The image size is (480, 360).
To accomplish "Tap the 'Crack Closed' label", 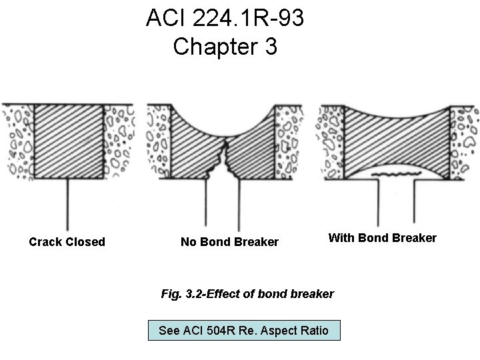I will pos(67,242).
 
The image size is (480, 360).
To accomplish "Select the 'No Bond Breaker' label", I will pos(229,242).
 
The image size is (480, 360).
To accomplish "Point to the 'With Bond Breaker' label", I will pos(382,238).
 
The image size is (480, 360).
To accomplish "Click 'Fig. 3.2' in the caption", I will pos(181,293).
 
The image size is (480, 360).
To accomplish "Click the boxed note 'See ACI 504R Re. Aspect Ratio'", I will pos(243,330).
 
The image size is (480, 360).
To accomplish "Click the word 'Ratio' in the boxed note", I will pos(313,330).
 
